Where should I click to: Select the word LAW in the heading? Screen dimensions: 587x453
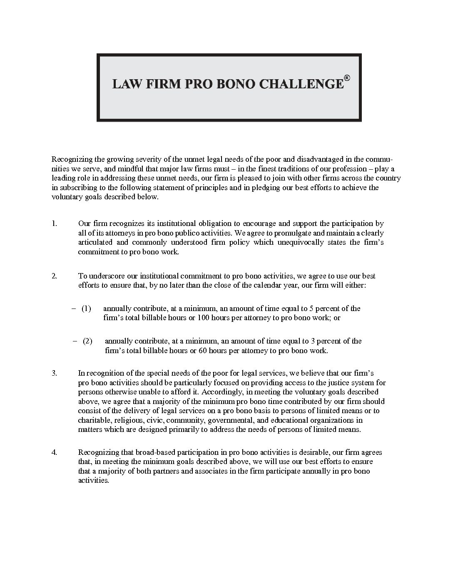pos(124,84)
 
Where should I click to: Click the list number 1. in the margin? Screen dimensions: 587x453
pos(54,223)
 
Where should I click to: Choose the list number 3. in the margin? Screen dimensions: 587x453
pos(54,373)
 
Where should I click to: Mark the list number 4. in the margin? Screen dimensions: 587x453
pos(54,452)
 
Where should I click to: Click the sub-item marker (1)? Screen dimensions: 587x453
pos(86,309)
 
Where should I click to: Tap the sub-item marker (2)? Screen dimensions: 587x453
pos(87,341)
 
